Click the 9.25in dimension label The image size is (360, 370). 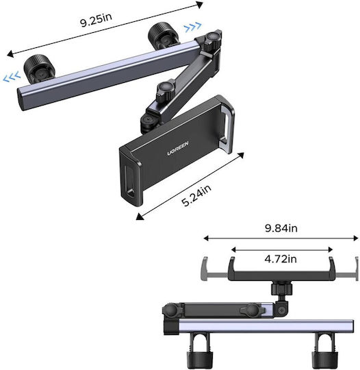pos(96,20)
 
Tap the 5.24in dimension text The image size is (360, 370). pos(196,195)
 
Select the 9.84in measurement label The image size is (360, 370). pos(281,228)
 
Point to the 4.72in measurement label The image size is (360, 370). pos(281,259)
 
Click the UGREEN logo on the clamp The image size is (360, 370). pos(178,148)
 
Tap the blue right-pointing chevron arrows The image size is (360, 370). pos(193,27)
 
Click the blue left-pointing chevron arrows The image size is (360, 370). pos(12,77)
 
